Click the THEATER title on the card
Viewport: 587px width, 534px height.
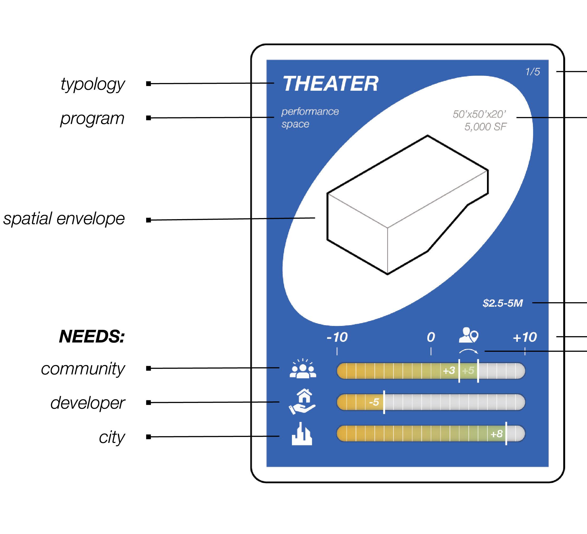click(330, 84)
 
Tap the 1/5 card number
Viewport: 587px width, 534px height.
click(533, 71)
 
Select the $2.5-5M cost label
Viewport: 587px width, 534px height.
click(503, 303)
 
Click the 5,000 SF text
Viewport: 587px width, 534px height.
click(485, 127)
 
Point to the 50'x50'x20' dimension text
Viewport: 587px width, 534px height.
click(479, 114)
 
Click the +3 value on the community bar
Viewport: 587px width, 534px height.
click(449, 371)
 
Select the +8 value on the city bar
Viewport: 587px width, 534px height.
click(496, 434)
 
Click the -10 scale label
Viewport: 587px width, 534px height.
click(337, 337)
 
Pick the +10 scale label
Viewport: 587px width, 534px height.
click(525, 337)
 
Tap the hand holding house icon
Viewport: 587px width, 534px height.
click(302, 401)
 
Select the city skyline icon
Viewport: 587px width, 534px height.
click(302, 434)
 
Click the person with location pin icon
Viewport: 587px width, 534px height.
click(468, 335)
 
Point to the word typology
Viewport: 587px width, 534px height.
click(93, 85)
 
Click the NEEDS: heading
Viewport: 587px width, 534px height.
click(92, 336)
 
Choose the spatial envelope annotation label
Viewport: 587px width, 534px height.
click(64, 218)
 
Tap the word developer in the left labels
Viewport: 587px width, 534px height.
click(87, 403)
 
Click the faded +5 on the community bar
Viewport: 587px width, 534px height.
click(468, 371)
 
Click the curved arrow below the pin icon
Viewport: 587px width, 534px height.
click(468, 351)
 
